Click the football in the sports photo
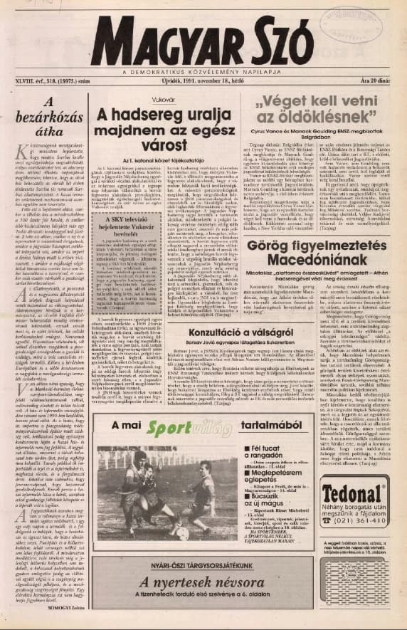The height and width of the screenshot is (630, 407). coord(180,530)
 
